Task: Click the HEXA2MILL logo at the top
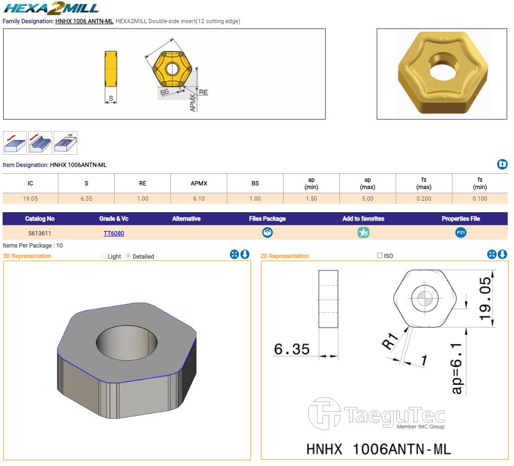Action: [51, 8]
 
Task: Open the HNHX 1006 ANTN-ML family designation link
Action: [84, 22]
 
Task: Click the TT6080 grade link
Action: [114, 233]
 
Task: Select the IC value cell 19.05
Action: [30, 199]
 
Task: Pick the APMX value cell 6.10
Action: [199, 199]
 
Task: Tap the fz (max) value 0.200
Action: [424, 199]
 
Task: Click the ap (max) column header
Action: [367, 183]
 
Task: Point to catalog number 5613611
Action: [39, 233]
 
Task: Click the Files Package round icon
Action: [267, 233]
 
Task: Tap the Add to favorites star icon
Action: [363, 233]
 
